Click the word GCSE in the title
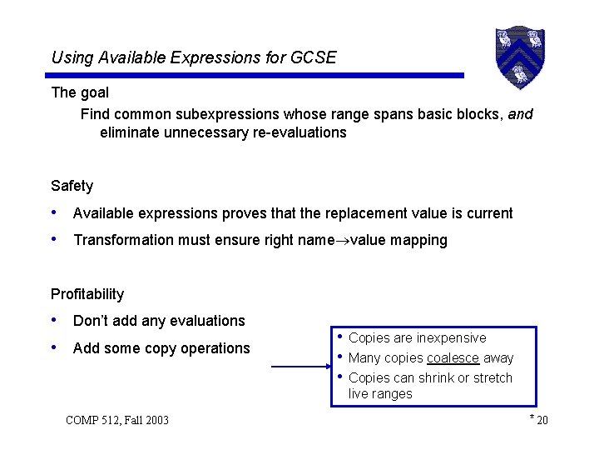316,57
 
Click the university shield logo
520,56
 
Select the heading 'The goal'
80,92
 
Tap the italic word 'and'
520,113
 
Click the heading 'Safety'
72,186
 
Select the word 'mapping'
419,241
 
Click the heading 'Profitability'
87,294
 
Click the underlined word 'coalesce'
453,358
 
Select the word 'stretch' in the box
492,378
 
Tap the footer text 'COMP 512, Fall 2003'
116,420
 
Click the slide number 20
542,420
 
